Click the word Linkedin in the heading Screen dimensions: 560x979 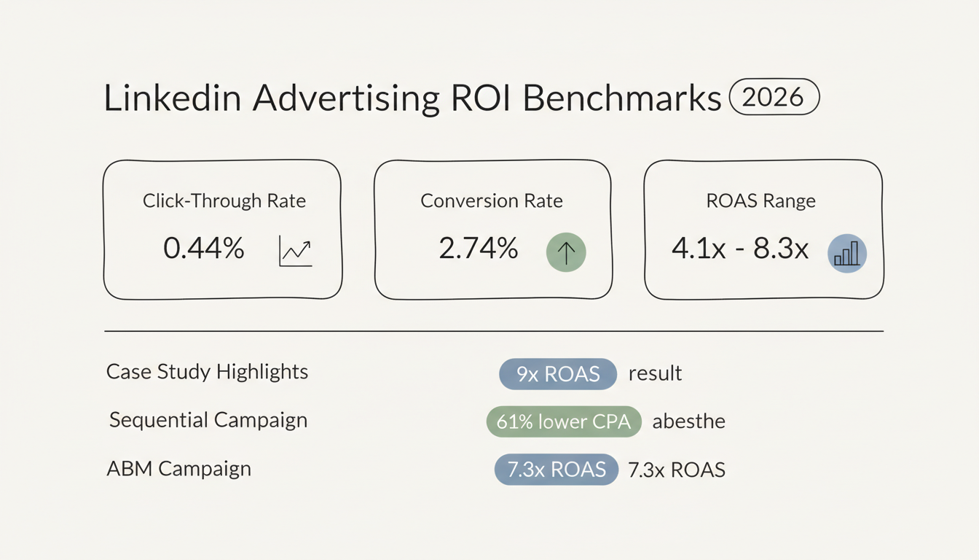(x=172, y=99)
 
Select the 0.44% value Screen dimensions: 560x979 (x=203, y=249)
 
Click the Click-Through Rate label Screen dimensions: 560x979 (x=224, y=201)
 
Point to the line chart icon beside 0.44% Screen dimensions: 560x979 (x=295, y=252)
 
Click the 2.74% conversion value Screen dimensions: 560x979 (x=478, y=249)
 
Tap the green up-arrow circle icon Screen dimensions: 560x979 (x=566, y=252)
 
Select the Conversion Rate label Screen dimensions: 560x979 (x=492, y=201)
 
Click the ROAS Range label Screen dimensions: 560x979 (x=761, y=201)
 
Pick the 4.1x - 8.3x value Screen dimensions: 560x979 (x=740, y=249)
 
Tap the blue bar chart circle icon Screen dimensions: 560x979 (x=847, y=254)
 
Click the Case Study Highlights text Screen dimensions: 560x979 (x=207, y=372)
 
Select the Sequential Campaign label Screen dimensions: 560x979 (x=208, y=420)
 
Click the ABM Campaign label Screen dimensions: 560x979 (x=178, y=468)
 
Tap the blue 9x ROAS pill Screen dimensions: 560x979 (x=558, y=374)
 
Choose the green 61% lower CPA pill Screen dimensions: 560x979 (x=563, y=421)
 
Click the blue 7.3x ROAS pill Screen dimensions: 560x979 (x=556, y=470)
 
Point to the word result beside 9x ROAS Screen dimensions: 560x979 (x=655, y=374)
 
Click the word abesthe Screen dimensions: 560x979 (x=688, y=421)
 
